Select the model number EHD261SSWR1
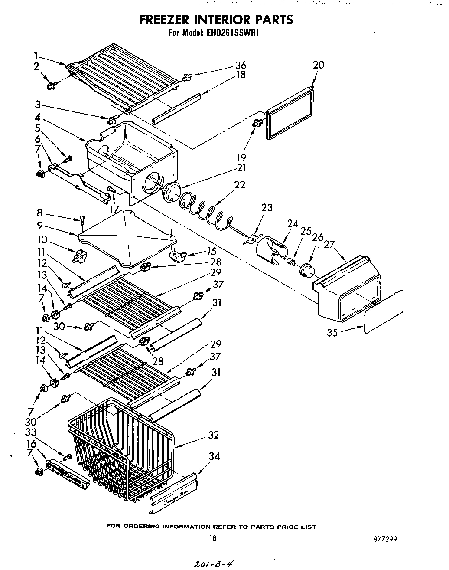coord(234,32)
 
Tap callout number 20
coord(318,65)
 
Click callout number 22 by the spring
coord(239,185)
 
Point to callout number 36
coord(241,65)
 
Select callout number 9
coord(39,225)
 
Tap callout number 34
coord(214,456)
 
